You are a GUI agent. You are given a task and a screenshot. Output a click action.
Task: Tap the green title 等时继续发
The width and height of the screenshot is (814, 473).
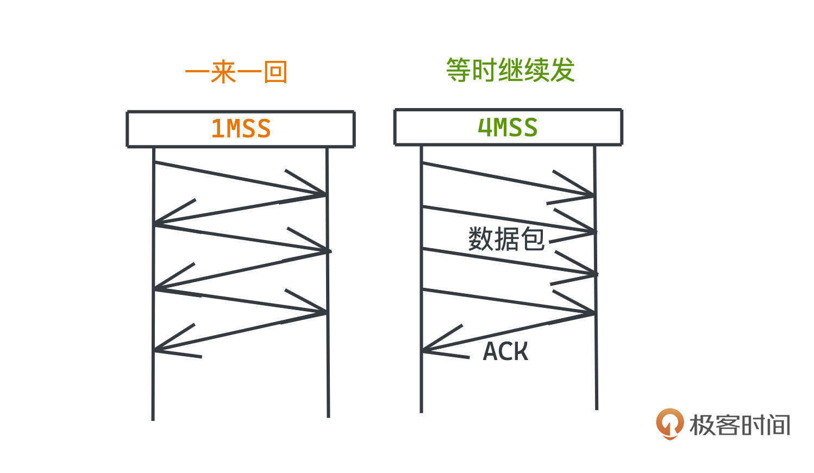510,71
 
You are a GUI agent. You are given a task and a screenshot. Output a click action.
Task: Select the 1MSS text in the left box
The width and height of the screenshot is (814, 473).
241,129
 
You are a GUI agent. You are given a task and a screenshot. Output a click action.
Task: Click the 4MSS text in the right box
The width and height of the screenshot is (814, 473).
508,128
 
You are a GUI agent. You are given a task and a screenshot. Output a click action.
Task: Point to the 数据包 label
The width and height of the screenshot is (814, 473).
506,239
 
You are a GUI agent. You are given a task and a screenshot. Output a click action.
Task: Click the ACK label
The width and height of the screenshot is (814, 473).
505,351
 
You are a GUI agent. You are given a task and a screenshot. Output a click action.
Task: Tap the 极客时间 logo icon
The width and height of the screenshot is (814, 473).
669,424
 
